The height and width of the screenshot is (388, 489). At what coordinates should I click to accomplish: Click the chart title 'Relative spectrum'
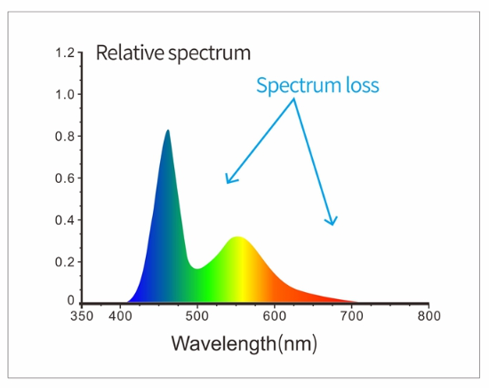click(173, 52)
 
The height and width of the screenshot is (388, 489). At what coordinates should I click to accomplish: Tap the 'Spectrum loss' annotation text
click(317, 85)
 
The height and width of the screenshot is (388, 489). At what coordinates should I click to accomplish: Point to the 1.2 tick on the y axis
click(64, 53)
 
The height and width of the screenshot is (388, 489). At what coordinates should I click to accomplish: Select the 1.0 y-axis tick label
click(64, 95)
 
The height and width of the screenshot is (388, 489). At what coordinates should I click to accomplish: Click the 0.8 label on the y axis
click(64, 137)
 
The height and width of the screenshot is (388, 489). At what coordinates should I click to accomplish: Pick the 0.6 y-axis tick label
click(64, 178)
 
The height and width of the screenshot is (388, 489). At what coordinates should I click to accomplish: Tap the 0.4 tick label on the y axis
click(64, 220)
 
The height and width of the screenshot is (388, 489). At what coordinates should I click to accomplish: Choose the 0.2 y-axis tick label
click(64, 262)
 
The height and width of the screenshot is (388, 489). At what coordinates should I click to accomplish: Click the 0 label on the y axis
click(70, 303)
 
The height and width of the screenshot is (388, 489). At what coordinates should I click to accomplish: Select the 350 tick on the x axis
click(81, 315)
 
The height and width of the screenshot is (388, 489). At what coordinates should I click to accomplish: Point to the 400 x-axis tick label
click(120, 315)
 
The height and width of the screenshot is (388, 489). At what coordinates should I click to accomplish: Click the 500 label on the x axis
click(197, 315)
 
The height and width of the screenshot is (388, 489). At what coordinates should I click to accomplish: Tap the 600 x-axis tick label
click(275, 315)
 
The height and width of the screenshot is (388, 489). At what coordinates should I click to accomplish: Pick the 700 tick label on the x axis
click(352, 315)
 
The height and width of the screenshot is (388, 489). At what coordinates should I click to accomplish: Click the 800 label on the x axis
click(429, 315)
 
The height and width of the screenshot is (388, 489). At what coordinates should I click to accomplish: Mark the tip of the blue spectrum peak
click(167, 131)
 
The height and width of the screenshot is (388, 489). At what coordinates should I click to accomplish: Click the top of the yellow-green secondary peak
click(236, 237)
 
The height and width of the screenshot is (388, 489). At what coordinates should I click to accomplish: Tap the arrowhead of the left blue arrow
click(228, 183)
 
